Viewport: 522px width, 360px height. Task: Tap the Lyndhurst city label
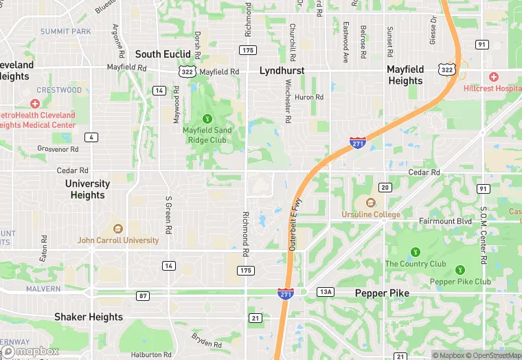tap(282, 71)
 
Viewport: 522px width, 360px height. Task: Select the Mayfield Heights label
tap(405, 76)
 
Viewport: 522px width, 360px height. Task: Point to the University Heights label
tap(87, 190)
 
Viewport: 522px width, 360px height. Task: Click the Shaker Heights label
tap(89, 317)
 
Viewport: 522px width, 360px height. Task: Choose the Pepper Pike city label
tap(382, 293)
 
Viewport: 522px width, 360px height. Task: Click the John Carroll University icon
tap(117, 229)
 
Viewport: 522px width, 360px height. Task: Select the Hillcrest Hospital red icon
tap(492, 77)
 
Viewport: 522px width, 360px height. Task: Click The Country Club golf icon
tap(415, 252)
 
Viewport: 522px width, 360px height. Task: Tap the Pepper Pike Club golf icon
tap(459, 270)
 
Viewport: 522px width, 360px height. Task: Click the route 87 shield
tap(142, 296)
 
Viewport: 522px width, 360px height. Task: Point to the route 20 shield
tap(385, 188)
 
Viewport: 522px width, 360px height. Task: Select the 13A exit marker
tap(326, 293)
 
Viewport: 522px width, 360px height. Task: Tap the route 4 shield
tap(91, 137)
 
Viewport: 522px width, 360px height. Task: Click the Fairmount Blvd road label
tap(445, 221)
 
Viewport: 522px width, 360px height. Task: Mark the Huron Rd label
tap(309, 98)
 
